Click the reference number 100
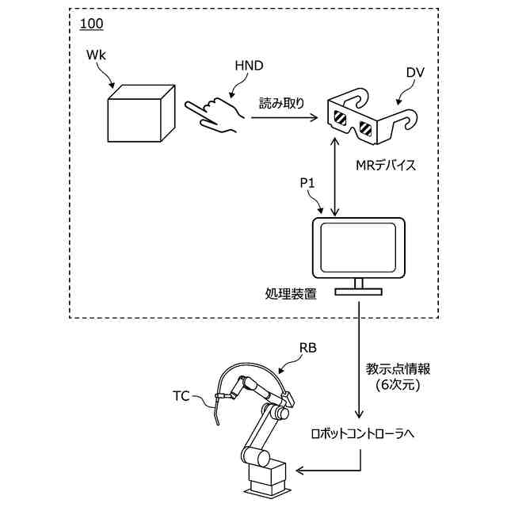[x=92, y=24]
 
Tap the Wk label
[x=96, y=55]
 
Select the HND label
[x=249, y=66]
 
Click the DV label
[x=415, y=73]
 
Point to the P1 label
[x=307, y=183]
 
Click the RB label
[x=308, y=349]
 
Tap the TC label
[x=181, y=396]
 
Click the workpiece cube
[x=141, y=113]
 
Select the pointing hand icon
[x=215, y=115]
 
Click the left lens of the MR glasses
[x=340, y=118]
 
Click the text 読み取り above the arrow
[x=282, y=103]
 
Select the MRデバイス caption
[x=386, y=166]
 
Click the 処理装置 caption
[x=291, y=294]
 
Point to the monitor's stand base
[x=359, y=292]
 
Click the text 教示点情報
[x=398, y=369]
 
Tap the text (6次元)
[x=398, y=385]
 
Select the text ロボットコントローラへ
[x=363, y=433]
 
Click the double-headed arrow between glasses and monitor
[x=335, y=177]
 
